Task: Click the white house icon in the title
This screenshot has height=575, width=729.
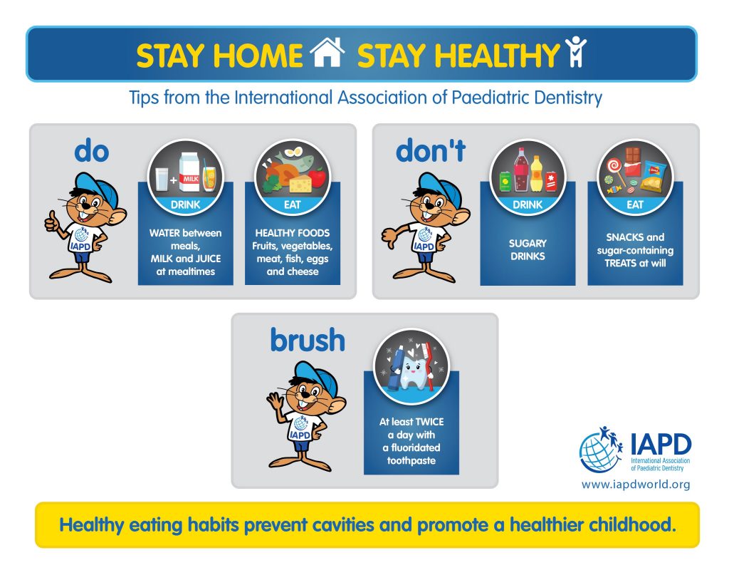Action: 327,52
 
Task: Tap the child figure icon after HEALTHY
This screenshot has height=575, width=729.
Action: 575,51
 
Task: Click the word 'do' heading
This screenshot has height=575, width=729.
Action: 92,151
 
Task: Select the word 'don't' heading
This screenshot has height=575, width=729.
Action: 431,150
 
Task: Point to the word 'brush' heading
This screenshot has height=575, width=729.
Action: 308,340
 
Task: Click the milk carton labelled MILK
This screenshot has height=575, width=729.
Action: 189,172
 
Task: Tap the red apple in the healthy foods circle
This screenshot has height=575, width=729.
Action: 317,177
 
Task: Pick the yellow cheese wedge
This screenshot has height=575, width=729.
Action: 300,183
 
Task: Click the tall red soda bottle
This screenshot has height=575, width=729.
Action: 522,170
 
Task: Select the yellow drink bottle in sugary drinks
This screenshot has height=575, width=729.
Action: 537,174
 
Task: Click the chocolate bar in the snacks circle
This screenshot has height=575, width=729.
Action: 633,161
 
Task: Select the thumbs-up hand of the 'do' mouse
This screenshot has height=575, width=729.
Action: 52,222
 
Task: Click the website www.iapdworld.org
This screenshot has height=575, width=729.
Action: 636,485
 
